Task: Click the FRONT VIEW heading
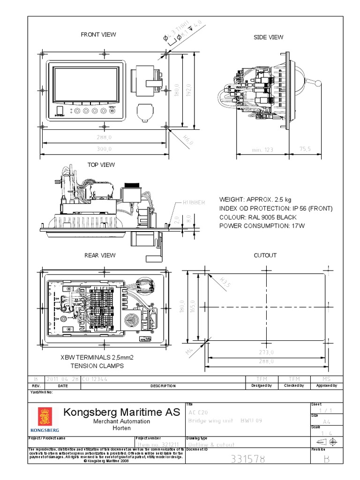[98, 34]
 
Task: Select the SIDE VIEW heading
[268, 37]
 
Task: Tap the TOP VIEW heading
[101, 165]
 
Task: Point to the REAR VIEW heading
[99, 255]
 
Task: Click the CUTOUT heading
[265, 255]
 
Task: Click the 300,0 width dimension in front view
[104, 149]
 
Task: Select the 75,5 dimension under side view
[305, 149]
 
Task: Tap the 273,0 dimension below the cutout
[266, 352]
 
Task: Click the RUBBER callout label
[194, 202]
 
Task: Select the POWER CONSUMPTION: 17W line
[262, 226]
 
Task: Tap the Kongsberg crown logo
[45, 417]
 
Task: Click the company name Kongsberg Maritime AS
[121, 412]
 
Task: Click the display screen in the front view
[85, 84]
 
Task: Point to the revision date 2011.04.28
[62, 379]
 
